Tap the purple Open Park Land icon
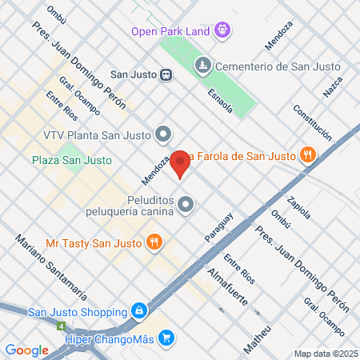tap(222, 31)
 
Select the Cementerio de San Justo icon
tap(203, 64)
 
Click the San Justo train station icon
tap(166, 75)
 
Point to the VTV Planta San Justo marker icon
tap(163, 134)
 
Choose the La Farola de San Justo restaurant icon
tap(306, 155)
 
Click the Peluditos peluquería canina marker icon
tap(186, 204)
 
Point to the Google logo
tap(26, 350)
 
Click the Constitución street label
tap(312, 123)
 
